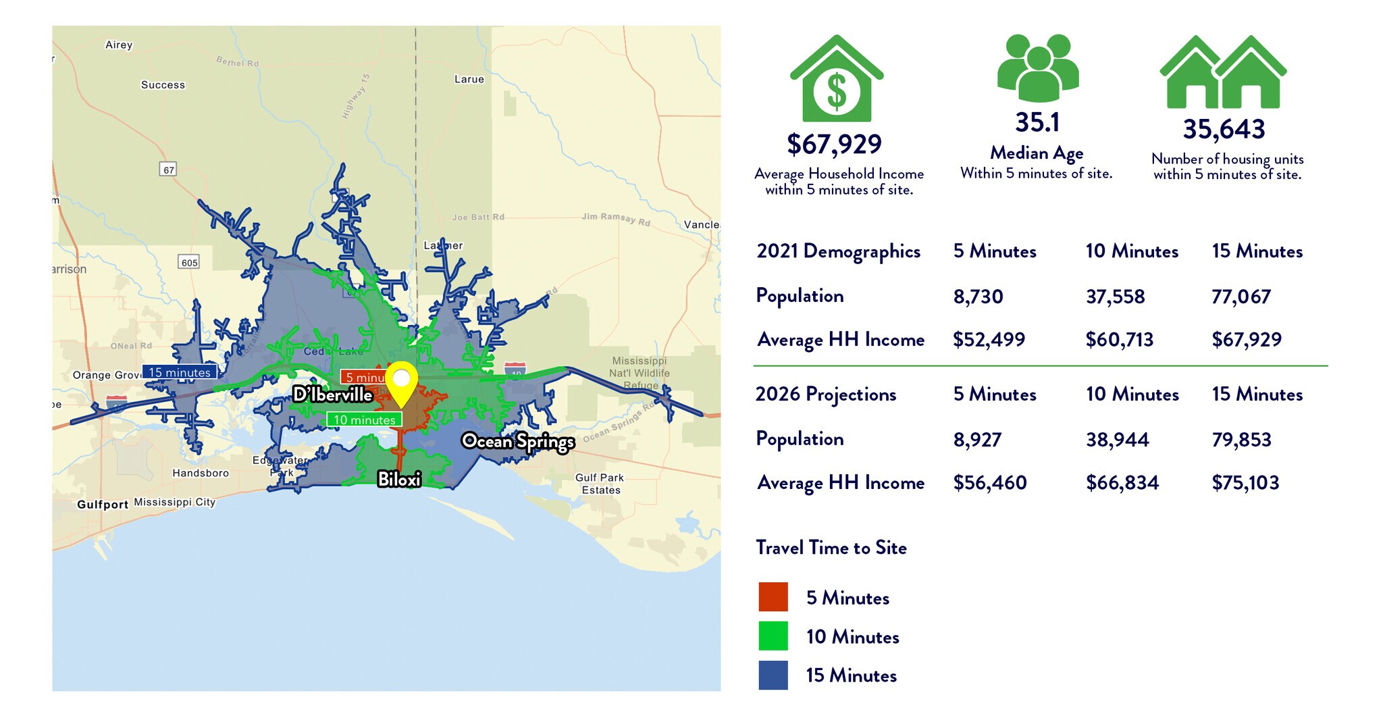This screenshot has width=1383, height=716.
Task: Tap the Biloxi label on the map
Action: [x=399, y=479]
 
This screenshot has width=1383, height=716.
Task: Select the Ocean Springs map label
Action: [x=518, y=442]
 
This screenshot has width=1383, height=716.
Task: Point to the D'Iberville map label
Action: [x=333, y=394]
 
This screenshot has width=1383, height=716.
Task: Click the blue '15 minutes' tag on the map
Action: [x=180, y=372]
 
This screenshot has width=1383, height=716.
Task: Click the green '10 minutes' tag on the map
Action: [x=364, y=419]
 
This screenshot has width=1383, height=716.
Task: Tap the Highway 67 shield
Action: [x=168, y=170]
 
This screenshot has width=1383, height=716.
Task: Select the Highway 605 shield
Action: [x=190, y=262]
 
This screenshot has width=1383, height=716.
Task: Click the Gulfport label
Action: [x=103, y=504]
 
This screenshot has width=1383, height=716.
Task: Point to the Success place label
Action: [x=163, y=84]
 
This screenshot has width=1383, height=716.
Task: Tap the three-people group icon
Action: [x=1038, y=68]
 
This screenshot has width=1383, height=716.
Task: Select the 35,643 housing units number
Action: [x=1224, y=130]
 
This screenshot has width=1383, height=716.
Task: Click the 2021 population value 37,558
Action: [x=1115, y=297]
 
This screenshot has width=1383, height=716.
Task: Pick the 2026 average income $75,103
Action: [x=1245, y=482]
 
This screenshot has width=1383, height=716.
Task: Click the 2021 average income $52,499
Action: [x=989, y=339]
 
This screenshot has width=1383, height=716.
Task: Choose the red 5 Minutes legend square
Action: [x=773, y=597]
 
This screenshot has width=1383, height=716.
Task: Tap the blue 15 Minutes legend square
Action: [x=773, y=675]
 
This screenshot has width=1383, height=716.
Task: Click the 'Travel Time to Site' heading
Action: [x=831, y=547]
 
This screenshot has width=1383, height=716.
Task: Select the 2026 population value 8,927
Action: [x=977, y=440]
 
